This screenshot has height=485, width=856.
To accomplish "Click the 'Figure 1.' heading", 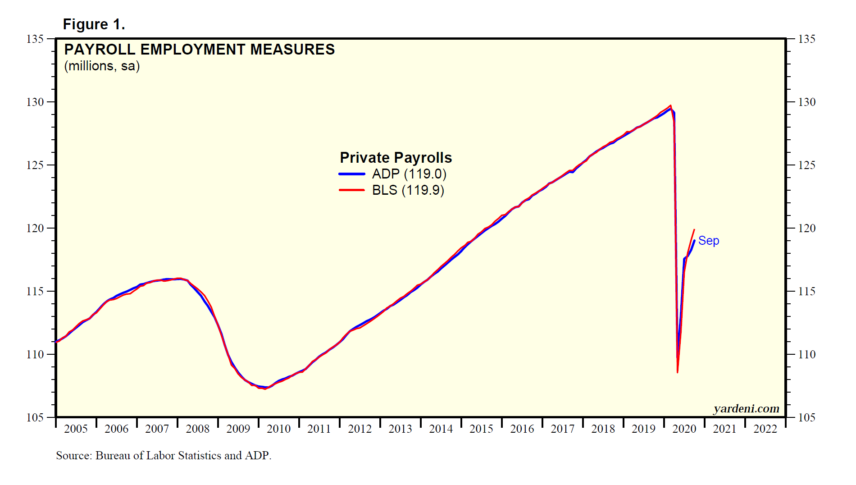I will coord(94,24).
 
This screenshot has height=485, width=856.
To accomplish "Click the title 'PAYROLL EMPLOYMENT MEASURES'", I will coord(199,49).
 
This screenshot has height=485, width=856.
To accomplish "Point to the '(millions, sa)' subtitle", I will coord(102,66).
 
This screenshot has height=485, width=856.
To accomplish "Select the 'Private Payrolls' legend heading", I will coord(396,158).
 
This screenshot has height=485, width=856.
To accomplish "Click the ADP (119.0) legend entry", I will coord(409,174).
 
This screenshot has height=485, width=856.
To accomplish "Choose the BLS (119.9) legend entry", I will coord(408,190).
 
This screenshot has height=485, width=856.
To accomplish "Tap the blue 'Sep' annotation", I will coord(708,241).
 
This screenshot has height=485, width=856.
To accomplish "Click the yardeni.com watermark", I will coord(746,408).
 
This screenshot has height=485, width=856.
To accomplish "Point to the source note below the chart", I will coord(164,455).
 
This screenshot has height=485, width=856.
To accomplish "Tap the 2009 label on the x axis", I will coord(238,429).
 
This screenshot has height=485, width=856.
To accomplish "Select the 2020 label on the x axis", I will coord(684,429).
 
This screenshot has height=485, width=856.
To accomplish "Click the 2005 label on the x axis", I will coord(76,429).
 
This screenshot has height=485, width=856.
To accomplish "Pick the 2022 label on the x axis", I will coord(765,429).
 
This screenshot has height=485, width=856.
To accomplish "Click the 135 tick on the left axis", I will coord(35,39).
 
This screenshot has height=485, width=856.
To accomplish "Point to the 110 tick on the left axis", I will coord(35,355).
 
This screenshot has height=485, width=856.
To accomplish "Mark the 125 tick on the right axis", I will coord(806,165).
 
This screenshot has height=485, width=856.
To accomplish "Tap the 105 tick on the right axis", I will coord(806,418).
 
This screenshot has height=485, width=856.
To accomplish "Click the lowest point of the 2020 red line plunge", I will coord(677,372).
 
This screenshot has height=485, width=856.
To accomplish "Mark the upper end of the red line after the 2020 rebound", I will coord(694,230).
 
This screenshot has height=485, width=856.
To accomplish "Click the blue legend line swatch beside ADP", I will coord(351,174).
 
